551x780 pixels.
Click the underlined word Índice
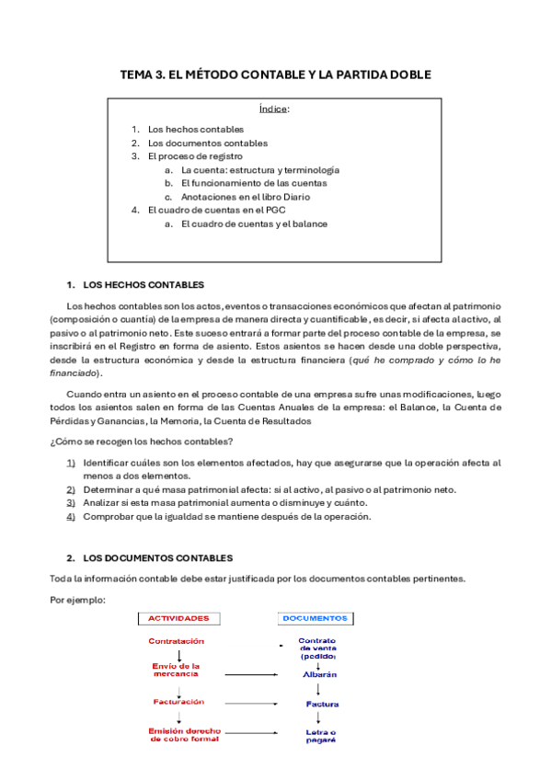275,109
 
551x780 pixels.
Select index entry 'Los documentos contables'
207,143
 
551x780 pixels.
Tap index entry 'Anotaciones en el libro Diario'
245,197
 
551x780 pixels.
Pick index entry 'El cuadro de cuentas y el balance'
254,224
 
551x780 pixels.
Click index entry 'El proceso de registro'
195,156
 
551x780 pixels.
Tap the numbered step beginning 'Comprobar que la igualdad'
226,516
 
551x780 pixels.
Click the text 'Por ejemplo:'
77,600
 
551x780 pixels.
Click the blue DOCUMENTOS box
315,618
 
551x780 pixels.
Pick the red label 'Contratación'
177,641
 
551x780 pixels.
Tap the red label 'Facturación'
178,702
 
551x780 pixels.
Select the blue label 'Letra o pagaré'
319,735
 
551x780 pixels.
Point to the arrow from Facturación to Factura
251,704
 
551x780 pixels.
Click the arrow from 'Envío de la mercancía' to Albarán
251,673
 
